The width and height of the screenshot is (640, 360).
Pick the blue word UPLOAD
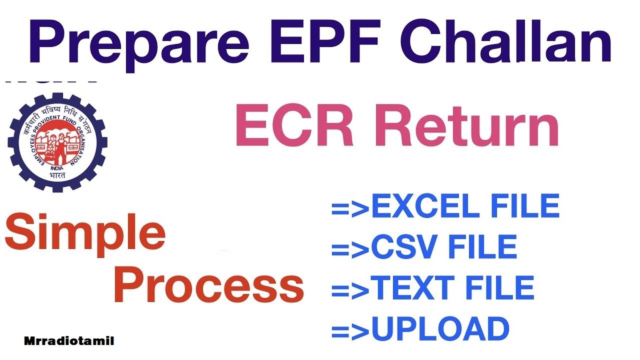point(440,328)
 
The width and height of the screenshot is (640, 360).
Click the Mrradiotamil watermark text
point(69,341)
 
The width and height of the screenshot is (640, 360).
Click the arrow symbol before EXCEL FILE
point(350,207)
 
